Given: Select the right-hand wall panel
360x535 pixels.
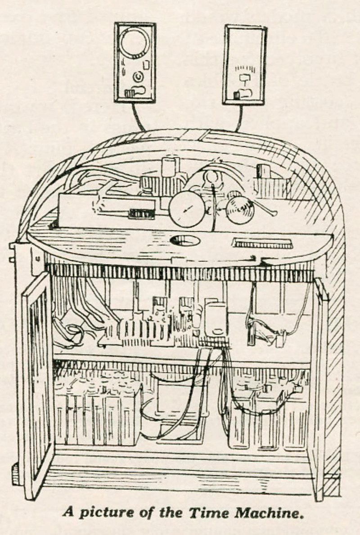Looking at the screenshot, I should pyautogui.click(x=245, y=65).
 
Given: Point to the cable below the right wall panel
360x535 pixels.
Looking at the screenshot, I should pyautogui.click(x=239, y=118).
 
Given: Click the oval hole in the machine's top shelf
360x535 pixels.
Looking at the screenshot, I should pyautogui.click(x=185, y=241).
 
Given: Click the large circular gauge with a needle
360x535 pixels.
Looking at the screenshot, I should pyautogui.click(x=187, y=209).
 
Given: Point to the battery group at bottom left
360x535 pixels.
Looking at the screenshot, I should pyautogui.click(x=97, y=412).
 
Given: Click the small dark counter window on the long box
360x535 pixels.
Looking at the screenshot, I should pyautogui.click(x=142, y=213).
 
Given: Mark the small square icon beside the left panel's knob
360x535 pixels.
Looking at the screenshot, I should pyautogui.click(x=145, y=65).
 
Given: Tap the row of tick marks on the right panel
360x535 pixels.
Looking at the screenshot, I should pyautogui.click(x=246, y=70).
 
